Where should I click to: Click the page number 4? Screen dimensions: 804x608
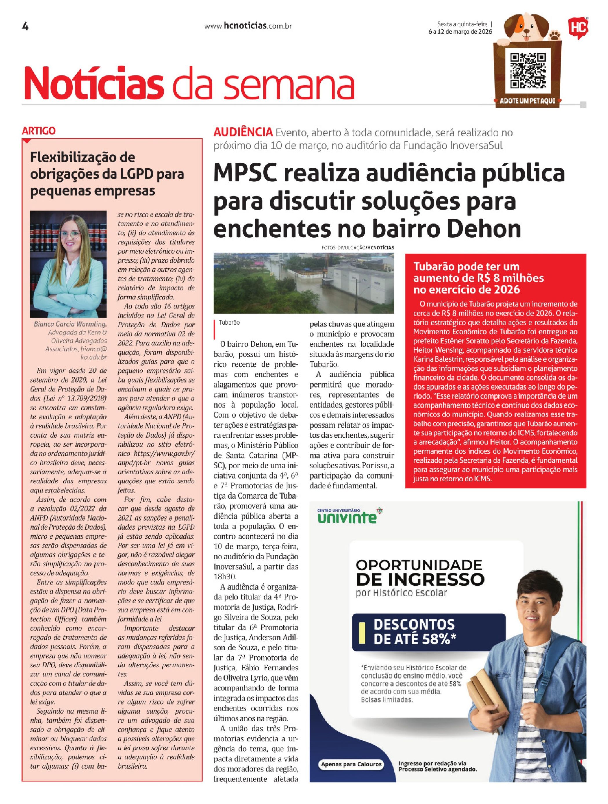pos(25,27)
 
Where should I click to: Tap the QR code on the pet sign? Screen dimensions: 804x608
pos(528,71)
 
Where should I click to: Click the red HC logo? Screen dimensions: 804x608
pos(578,27)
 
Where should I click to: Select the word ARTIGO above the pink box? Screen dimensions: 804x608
pos(39,131)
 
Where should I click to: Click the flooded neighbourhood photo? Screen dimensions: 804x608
pos(303,283)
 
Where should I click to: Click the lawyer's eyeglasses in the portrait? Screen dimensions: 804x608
pos(70,235)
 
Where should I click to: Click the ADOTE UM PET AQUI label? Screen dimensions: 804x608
pos(528,101)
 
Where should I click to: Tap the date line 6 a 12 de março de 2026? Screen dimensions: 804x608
pos(460,32)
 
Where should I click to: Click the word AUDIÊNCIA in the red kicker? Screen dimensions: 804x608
pos(243,132)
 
